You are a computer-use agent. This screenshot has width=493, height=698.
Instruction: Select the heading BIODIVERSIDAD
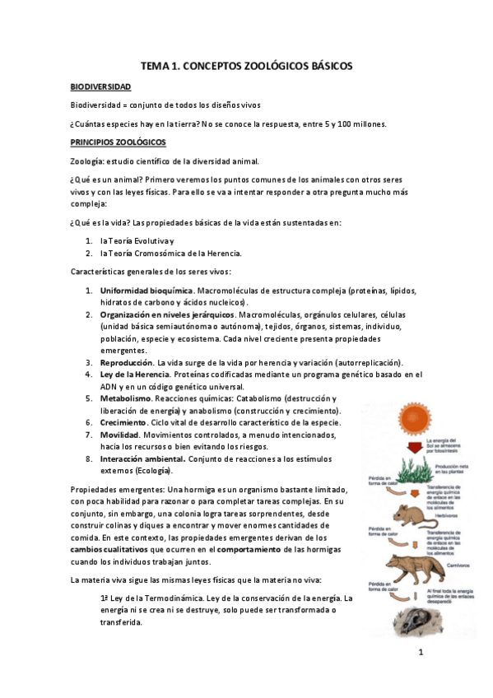100,86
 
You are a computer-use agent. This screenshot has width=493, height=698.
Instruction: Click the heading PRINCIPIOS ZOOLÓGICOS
118,142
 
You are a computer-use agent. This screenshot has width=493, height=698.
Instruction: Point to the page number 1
420,654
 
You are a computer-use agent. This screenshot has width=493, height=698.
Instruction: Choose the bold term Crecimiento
124,422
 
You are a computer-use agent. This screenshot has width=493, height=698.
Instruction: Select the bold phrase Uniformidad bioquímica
147,291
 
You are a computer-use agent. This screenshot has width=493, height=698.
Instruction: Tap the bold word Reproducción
127,362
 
